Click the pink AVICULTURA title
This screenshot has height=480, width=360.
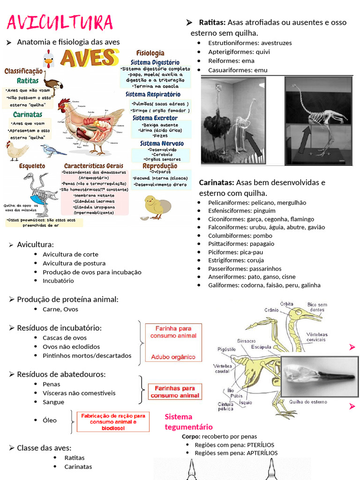coord(60,22)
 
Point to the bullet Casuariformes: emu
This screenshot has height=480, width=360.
coord(238,70)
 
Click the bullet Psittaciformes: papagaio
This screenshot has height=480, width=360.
coord(241,244)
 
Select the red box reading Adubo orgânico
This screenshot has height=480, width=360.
coord(173,357)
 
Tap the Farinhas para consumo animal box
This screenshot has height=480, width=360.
coord(175,392)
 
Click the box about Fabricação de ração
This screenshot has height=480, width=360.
coord(113,422)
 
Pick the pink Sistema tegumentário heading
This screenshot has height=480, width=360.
coord(188,422)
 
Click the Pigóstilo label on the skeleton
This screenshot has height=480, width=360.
coord(226,349)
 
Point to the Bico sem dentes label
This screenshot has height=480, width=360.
coord(317,307)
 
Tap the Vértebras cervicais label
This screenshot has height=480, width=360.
coord(316,337)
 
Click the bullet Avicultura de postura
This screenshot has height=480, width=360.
coord(74,263)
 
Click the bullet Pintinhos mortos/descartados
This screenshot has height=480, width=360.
coord(87,356)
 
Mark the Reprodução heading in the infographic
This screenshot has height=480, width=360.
coord(160,166)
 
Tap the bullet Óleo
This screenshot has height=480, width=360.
coord(50,420)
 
